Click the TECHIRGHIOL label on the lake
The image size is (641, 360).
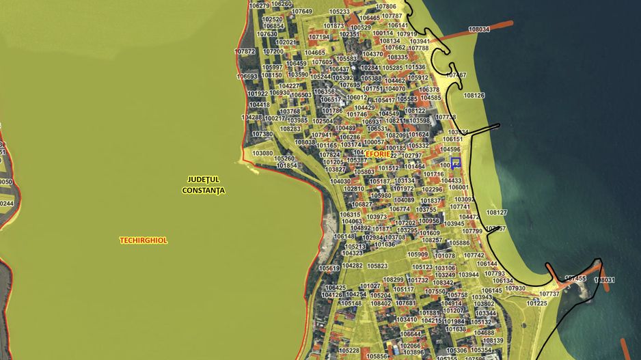143,240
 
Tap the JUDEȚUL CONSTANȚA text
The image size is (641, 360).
204,184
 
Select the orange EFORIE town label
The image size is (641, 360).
378,154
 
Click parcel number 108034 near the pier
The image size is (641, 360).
479,30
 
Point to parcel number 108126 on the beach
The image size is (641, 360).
474,96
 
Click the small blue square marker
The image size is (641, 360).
456,163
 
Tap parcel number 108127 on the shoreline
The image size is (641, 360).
497,212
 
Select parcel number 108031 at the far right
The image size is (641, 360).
604,280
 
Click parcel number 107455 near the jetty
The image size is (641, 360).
575,279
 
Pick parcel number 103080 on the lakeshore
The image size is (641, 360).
262,154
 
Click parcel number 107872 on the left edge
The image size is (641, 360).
245,51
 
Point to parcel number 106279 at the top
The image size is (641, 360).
259,5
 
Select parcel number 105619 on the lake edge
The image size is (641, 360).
329,268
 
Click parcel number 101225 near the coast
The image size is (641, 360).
537,303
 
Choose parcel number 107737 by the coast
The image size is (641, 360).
549,294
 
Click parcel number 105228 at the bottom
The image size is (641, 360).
349,350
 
